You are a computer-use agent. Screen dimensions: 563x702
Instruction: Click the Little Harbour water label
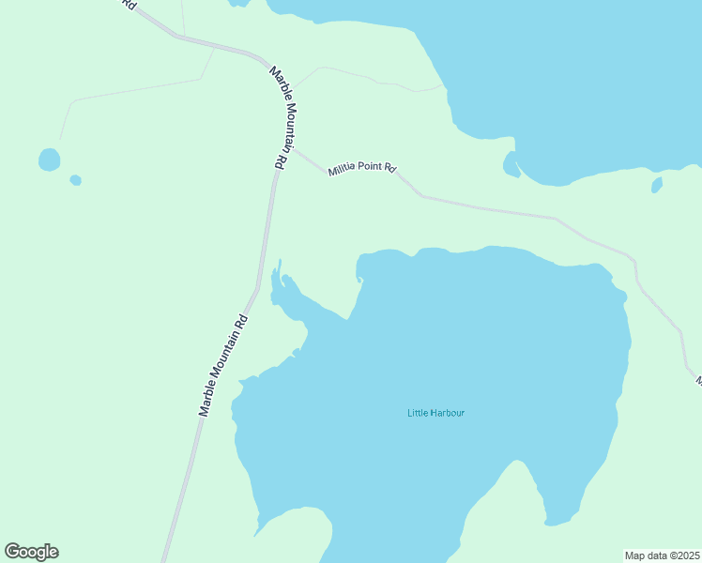pos(435,413)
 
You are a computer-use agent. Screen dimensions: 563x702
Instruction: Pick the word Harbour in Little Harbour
pos(448,413)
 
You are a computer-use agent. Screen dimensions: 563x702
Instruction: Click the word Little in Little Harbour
pos(418,413)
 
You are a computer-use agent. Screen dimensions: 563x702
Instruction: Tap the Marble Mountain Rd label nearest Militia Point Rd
pos(281,116)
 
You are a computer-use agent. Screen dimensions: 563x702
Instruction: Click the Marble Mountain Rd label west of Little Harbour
pos(222,364)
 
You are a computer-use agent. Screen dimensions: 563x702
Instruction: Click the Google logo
pos(31,552)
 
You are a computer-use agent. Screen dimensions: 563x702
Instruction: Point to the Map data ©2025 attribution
pos(662,555)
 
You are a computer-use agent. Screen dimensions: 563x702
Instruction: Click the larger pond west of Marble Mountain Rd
pos(49,160)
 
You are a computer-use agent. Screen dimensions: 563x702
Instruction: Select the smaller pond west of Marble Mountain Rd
pos(75,180)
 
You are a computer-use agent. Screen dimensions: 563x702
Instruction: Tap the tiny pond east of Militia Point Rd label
pos(657,185)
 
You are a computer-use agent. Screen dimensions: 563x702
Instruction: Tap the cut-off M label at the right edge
pos(698,381)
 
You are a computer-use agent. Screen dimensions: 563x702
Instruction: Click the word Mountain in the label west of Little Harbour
pos(221,369)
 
